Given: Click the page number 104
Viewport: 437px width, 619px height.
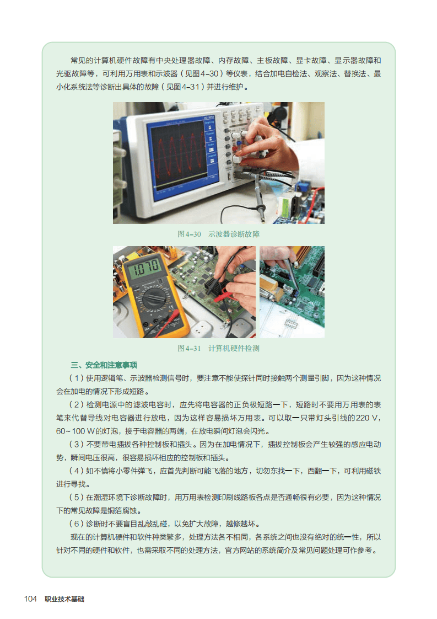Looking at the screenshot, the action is (30, 599).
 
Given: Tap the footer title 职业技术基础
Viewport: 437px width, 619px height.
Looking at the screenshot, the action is (64, 599).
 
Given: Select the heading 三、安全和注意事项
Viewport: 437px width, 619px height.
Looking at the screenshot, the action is (104, 365).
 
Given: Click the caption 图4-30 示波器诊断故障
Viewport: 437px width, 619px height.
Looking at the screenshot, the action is (218, 234).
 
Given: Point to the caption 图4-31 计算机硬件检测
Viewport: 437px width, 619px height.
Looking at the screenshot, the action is (218, 348).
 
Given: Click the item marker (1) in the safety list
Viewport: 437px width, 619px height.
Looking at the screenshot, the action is (77, 378).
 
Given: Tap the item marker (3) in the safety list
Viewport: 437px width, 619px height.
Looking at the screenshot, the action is (77, 445).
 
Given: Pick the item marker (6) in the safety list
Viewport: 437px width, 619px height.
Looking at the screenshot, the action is (77, 524).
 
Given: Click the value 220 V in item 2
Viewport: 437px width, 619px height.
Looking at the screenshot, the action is (367, 418).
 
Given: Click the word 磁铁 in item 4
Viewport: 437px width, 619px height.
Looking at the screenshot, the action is (374, 471).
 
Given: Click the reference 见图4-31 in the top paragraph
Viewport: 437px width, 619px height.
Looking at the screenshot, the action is (182, 87).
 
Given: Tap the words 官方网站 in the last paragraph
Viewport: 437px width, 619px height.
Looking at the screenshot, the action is (239, 550).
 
